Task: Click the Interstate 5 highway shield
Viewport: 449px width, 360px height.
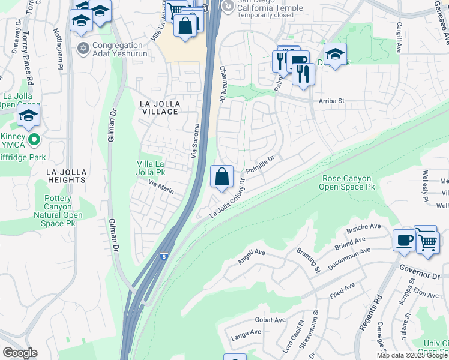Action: point(163,257)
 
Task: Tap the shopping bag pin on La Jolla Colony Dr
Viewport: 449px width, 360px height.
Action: point(221,177)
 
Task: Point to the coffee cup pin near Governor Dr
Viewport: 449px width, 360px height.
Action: point(405,240)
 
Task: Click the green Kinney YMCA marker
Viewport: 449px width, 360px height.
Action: point(34,140)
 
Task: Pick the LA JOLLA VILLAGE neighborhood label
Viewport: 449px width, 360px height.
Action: point(159,107)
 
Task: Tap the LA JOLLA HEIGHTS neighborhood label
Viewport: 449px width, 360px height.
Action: point(66,176)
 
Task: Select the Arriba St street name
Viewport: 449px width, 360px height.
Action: point(331,101)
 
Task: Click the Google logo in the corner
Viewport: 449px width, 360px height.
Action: point(20,353)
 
